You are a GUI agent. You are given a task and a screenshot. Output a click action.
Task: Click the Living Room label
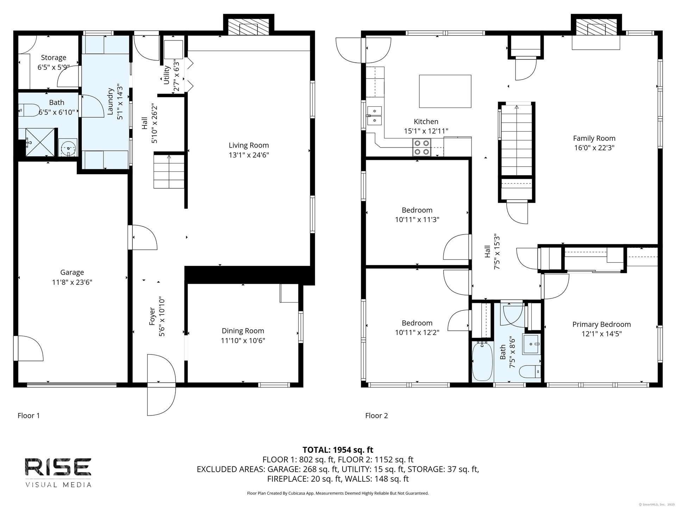tap(249, 145)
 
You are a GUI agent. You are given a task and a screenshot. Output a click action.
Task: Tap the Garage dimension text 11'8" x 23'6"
tap(72, 282)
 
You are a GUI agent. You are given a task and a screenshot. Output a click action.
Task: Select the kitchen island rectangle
tap(445, 91)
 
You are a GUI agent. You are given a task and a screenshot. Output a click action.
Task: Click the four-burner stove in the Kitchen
tap(422, 148)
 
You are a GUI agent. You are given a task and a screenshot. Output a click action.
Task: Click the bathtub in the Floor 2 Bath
tap(482, 361)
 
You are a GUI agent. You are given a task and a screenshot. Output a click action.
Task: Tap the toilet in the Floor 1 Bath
tap(29, 110)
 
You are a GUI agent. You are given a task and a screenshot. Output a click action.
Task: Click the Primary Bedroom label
tap(601, 325)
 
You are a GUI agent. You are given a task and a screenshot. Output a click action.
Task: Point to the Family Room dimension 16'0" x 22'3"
tap(594, 148)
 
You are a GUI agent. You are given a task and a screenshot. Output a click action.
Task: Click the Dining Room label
tap(243, 331)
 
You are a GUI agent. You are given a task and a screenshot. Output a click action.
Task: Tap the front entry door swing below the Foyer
tap(161, 385)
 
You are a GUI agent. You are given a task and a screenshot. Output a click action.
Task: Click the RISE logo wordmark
tap(58, 467)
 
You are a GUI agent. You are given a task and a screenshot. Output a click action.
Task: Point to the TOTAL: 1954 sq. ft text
tap(338, 450)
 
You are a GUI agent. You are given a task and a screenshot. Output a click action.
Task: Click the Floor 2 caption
tap(376, 415)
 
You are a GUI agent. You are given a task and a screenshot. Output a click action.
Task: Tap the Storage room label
tap(54, 57)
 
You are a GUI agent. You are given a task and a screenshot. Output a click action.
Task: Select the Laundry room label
tap(110, 101)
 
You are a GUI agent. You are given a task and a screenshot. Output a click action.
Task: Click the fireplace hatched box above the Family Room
tap(596, 27)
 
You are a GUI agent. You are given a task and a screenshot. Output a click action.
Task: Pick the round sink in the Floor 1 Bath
tap(68, 148)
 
